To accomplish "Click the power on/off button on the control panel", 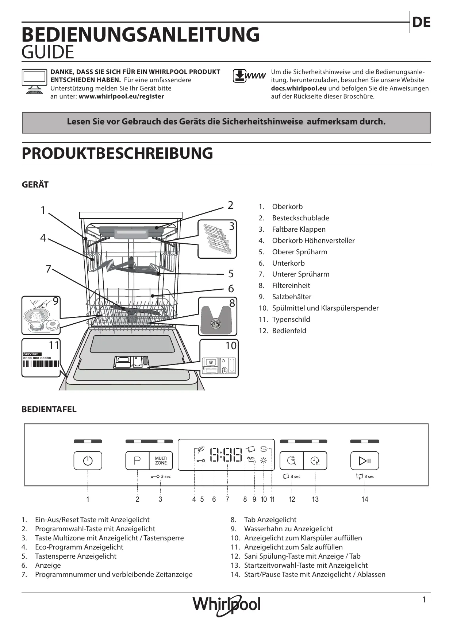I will click(88, 460).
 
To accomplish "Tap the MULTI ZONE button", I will click(161, 460).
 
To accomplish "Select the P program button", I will click(137, 460).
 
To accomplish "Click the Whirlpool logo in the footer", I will click(227, 605).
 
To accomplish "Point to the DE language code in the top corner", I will click(421, 23).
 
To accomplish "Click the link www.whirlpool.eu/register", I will click(121, 96).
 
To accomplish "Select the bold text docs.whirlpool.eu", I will click(299, 88).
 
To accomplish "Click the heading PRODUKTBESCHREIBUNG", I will click(117, 153).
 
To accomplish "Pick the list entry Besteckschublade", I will click(300, 218).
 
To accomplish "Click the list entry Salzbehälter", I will click(291, 297).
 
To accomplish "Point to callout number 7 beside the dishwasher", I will click(48, 269).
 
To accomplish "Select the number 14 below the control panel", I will click(364, 499).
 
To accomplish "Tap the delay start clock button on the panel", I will click(315, 461).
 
